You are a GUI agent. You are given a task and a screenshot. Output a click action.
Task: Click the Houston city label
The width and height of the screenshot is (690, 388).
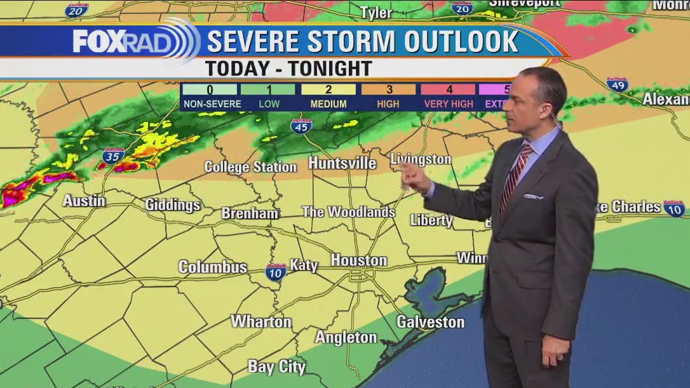(358, 260)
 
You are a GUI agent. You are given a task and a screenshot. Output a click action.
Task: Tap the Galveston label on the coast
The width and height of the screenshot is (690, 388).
(430, 322)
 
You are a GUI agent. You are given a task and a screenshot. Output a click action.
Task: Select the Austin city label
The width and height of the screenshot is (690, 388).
(84, 201)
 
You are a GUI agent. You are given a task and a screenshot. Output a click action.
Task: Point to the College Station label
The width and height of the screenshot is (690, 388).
(250, 167)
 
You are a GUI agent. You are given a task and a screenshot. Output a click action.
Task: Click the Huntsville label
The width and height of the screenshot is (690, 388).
(342, 163)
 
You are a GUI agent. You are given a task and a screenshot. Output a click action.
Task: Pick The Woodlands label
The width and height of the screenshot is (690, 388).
(348, 212)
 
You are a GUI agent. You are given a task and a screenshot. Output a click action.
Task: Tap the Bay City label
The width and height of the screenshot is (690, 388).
(276, 366)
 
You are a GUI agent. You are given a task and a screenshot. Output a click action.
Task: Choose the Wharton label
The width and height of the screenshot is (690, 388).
(261, 322)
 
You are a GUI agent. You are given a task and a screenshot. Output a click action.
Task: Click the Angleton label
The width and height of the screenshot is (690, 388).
(346, 337)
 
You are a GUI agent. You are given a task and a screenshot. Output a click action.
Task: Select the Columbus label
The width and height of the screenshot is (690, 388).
(212, 267)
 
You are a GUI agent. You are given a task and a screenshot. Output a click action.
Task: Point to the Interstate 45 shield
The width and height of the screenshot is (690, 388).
(301, 126)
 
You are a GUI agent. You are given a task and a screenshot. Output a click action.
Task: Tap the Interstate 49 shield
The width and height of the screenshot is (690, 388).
(617, 84)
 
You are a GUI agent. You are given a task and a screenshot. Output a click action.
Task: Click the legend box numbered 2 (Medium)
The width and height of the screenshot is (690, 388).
(328, 90)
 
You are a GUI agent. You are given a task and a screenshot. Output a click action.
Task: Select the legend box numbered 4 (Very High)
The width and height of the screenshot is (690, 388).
(448, 90)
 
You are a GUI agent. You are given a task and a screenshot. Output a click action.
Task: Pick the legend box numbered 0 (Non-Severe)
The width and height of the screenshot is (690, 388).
(209, 90)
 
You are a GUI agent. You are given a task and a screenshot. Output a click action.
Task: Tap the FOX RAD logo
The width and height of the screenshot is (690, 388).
(133, 41)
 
